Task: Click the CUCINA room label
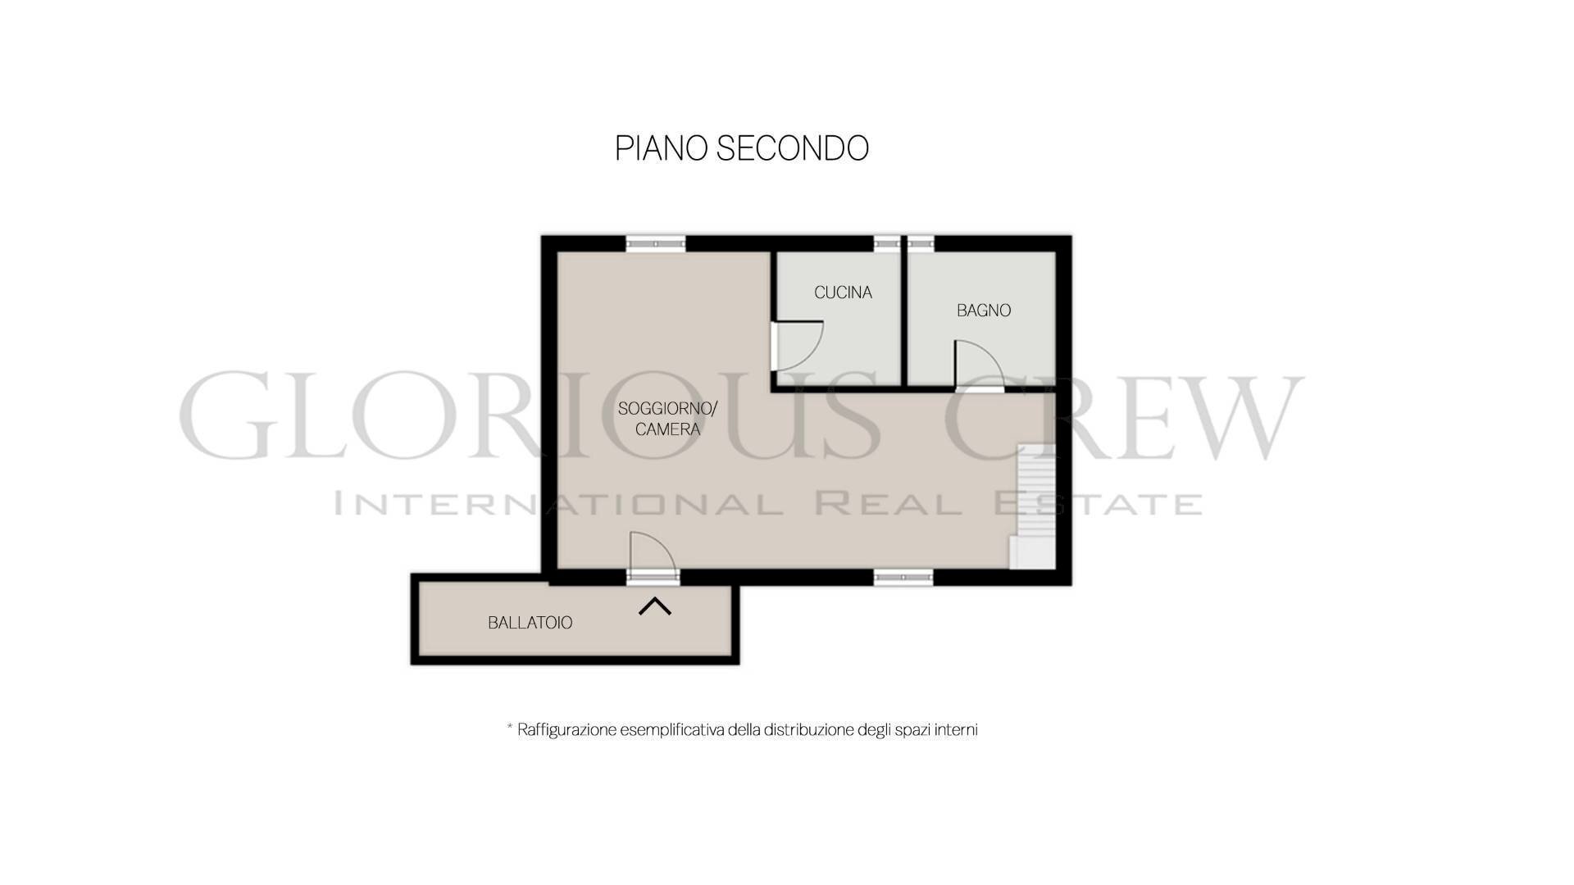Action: (843, 293)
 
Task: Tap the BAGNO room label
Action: (984, 311)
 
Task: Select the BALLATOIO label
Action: (530, 623)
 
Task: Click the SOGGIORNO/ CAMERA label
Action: (667, 419)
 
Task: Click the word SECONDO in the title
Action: (793, 148)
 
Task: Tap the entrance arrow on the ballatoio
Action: (655, 606)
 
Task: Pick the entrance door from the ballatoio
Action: (653, 559)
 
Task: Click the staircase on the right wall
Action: (1033, 507)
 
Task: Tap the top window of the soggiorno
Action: (656, 243)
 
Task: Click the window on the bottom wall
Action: (903, 578)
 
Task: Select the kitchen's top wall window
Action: (887, 243)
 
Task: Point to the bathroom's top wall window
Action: (921, 243)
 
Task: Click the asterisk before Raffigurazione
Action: (510, 727)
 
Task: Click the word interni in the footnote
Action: (956, 729)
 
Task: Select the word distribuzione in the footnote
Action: (807, 729)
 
